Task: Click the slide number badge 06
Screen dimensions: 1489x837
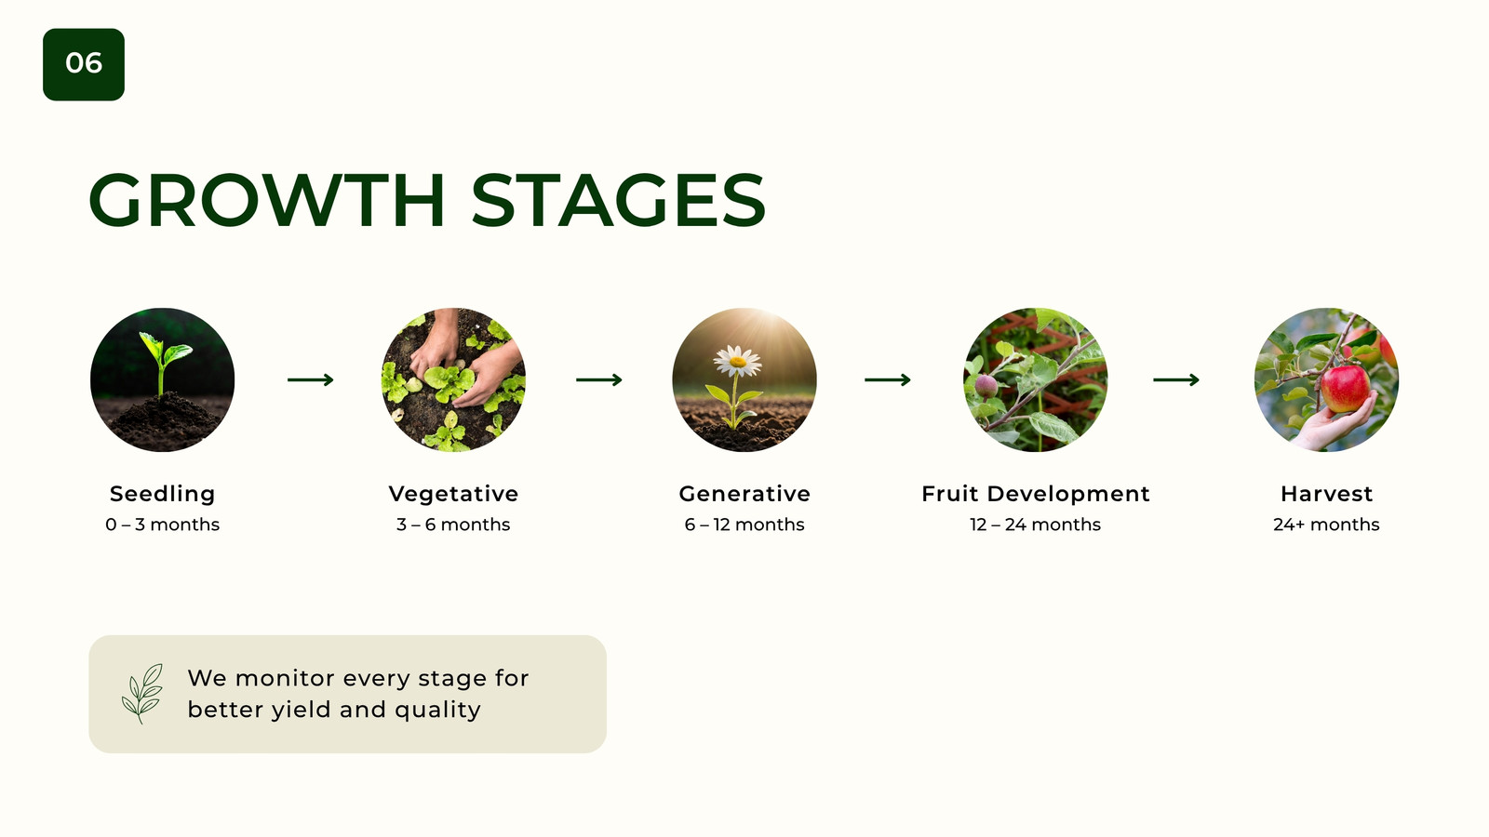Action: click(84, 64)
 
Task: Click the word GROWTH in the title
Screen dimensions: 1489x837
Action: click(266, 200)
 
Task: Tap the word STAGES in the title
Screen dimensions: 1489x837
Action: click(618, 200)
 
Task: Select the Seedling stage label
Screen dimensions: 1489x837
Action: click(162, 494)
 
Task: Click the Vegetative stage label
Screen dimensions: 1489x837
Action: click(453, 494)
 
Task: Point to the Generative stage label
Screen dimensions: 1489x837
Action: click(744, 494)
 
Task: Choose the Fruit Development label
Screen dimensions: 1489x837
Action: click(1036, 494)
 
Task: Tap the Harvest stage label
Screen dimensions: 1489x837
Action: click(1327, 494)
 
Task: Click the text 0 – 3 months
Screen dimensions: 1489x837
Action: click(162, 525)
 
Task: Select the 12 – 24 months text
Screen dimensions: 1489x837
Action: click(1036, 525)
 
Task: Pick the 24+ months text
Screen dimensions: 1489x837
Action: click(1327, 525)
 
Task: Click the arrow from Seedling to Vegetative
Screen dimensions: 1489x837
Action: click(311, 380)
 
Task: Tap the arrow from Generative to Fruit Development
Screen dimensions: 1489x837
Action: click(888, 380)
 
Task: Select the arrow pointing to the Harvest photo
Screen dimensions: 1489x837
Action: click(1176, 380)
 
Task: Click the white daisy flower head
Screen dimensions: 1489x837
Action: click(738, 361)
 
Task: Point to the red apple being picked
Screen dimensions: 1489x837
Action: click(1345, 389)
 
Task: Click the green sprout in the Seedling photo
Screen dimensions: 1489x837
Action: click(164, 361)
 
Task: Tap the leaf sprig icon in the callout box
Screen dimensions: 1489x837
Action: click(142, 694)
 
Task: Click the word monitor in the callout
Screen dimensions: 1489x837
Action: click(286, 678)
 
